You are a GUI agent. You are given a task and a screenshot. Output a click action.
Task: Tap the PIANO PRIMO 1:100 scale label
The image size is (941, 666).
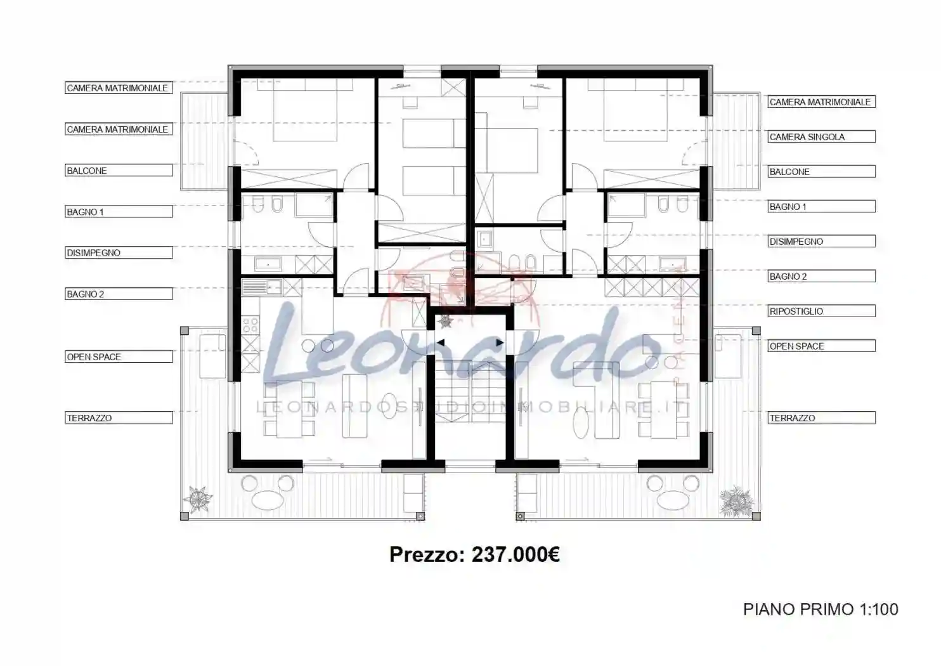pyautogui.click(x=821, y=610)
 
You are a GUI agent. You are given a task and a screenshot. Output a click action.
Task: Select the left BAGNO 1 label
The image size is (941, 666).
pyautogui.click(x=119, y=212)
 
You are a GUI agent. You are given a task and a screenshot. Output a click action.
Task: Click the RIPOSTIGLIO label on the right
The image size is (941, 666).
pyautogui.click(x=821, y=311)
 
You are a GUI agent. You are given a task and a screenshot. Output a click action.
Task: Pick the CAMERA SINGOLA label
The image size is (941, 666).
pyautogui.click(x=821, y=137)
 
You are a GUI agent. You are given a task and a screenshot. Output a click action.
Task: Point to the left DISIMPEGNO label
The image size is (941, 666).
pyautogui.click(x=119, y=252)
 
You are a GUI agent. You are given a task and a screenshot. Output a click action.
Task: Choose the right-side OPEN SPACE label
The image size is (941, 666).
pyautogui.click(x=821, y=346)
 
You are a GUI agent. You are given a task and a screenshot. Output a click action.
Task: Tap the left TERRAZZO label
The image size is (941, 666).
pyautogui.click(x=119, y=418)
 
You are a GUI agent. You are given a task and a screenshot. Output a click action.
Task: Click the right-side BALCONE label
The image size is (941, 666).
pyautogui.click(x=821, y=172)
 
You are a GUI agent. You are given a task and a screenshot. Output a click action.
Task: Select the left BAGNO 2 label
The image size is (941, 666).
pyautogui.click(x=119, y=294)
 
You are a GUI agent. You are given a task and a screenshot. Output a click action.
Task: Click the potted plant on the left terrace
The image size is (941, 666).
pyautogui.click(x=198, y=499)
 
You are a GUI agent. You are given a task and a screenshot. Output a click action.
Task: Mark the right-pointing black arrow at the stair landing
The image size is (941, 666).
pyautogui.click(x=500, y=343)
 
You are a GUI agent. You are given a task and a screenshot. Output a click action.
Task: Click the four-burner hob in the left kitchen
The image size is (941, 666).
pyautogui.click(x=250, y=325)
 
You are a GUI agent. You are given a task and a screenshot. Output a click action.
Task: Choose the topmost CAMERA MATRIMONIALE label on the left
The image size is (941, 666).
pyautogui.click(x=119, y=88)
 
